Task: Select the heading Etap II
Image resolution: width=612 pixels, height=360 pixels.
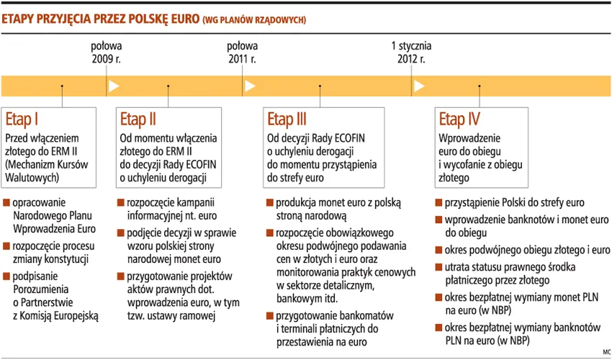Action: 138,119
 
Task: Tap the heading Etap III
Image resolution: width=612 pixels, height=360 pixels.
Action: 287,119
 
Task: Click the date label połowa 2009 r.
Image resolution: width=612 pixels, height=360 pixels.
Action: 107,52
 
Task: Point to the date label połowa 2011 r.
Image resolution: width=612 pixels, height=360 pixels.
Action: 242,52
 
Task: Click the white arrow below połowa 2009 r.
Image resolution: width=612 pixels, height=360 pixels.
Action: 113,86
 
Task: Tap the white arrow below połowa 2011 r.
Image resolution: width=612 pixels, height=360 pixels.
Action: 249,86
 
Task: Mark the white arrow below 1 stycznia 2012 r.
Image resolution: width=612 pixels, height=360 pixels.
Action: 418,86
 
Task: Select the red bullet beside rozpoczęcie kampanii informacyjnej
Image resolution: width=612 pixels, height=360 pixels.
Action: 120,203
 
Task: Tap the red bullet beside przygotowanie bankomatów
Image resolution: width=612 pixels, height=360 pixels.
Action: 269,316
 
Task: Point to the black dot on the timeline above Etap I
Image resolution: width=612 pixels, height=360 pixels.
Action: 63,86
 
